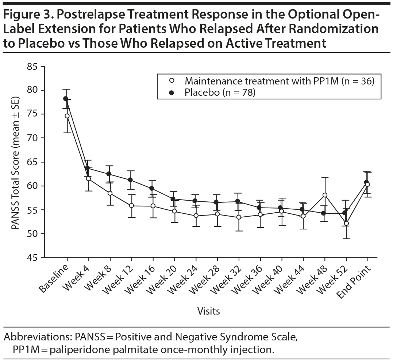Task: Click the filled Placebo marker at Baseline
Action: tap(66, 99)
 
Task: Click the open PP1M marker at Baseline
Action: tap(67, 116)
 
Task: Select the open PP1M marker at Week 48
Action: tap(325, 195)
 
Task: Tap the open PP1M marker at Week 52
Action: tap(346, 223)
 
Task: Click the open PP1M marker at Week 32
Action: tap(239, 217)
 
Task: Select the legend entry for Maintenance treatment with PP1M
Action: tap(280, 81)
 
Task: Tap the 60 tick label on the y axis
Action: tap(32, 186)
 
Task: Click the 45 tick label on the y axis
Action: tap(32, 257)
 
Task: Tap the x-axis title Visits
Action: tap(208, 311)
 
